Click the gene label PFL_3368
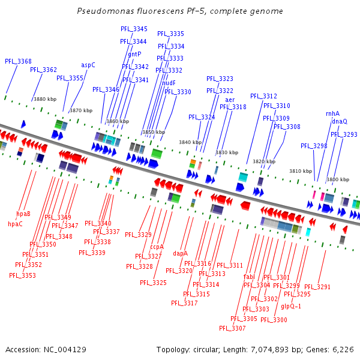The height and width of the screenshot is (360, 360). [x=18, y=61]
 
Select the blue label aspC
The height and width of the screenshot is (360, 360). [x=88, y=65]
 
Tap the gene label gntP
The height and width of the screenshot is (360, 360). [x=135, y=54]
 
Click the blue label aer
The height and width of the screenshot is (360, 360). [x=230, y=100]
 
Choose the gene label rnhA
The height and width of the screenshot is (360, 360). [x=332, y=113]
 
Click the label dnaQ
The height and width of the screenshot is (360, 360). [x=339, y=121]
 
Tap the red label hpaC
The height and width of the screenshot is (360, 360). [x=15, y=224]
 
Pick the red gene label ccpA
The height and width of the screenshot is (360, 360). [x=157, y=247]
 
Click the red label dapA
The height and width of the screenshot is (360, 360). [x=180, y=254]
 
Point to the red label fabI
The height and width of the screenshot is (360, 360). [x=249, y=277]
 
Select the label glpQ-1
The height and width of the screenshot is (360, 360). [x=291, y=306]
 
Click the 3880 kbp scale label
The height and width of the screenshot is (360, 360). [x=44, y=99]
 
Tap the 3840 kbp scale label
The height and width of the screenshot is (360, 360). [x=190, y=142]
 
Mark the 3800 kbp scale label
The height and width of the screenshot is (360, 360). [x=337, y=179]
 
